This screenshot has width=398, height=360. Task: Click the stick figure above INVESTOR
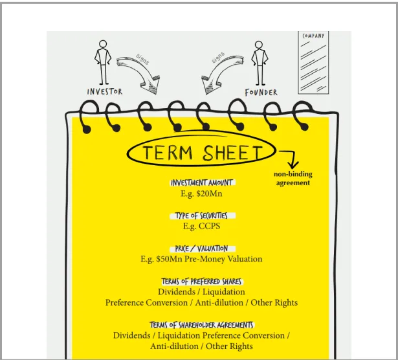(102, 62)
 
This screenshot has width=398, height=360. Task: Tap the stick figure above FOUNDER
(260, 63)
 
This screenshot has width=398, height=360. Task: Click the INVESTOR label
(104, 92)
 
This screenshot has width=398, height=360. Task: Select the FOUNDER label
(261, 93)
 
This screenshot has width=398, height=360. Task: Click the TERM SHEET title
(203, 153)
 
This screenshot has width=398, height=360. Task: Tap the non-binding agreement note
(293, 179)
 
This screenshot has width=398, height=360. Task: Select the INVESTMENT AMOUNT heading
(202, 183)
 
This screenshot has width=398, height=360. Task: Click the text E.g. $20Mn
(202, 194)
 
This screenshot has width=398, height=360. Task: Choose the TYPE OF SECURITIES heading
(202, 216)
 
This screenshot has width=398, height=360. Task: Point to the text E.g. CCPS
(202, 226)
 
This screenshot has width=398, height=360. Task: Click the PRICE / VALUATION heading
(202, 249)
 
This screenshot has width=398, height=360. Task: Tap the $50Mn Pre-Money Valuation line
(202, 259)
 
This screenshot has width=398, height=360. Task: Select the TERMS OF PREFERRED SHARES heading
(202, 282)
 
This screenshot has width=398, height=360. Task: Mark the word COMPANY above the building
(314, 36)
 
